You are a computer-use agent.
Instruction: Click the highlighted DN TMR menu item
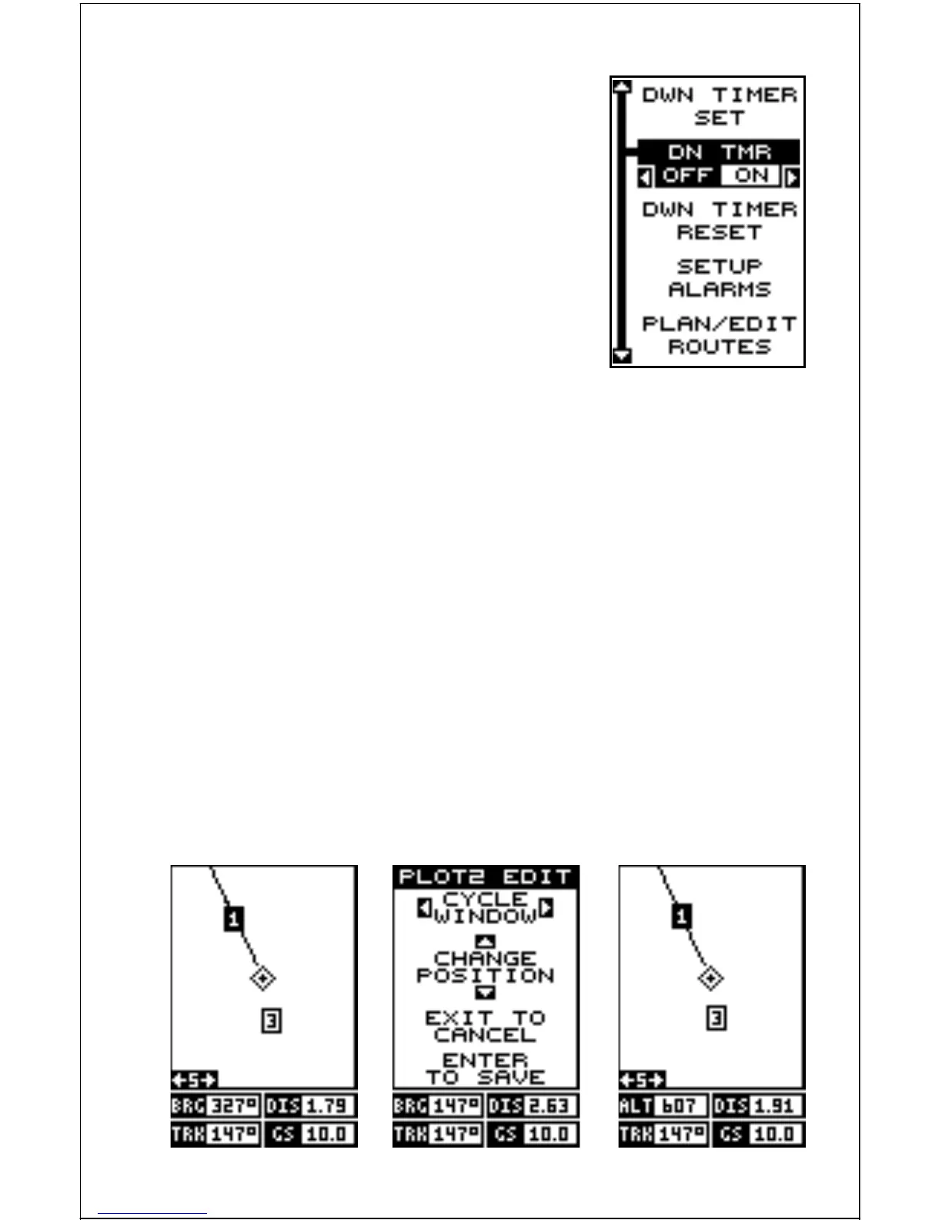point(719,152)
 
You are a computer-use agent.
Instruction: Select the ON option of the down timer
point(751,176)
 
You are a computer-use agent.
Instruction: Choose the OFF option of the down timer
point(686,176)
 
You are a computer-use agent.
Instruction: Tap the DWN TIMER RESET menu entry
point(719,221)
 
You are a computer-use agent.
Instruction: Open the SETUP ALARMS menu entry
point(719,278)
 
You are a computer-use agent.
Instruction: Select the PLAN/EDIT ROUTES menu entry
point(719,335)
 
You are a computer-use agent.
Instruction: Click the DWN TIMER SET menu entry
point(719,106)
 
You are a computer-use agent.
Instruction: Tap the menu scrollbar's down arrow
point(621,356)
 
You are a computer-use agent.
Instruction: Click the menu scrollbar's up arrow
point(621,87)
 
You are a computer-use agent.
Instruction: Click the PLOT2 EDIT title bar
point(485,876)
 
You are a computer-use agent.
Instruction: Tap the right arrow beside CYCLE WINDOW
point(546,907)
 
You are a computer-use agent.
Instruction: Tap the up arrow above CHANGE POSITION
point(485,940)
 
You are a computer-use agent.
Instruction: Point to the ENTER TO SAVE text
point(485,1069)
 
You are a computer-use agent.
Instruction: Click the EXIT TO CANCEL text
point(485,1027)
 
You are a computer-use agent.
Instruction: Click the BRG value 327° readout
point(234,1106)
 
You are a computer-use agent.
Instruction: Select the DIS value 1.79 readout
point(327,1106)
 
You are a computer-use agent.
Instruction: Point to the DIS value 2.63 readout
point(549,1106)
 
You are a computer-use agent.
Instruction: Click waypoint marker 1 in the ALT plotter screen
point(681,917)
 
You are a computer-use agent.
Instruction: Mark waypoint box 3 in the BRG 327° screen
point(271,1021)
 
